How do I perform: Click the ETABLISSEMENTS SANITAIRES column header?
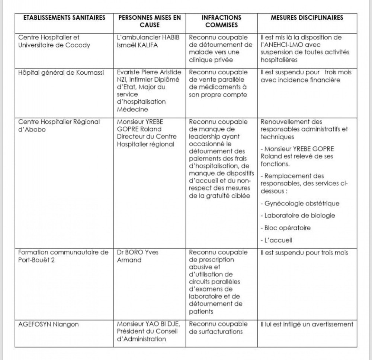[62, 17]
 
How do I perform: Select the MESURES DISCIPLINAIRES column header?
[307, 17]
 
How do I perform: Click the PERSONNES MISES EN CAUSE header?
[150, 21]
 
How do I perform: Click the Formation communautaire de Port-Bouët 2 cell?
[63, 256]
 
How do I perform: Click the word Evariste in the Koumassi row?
[129, 72]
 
